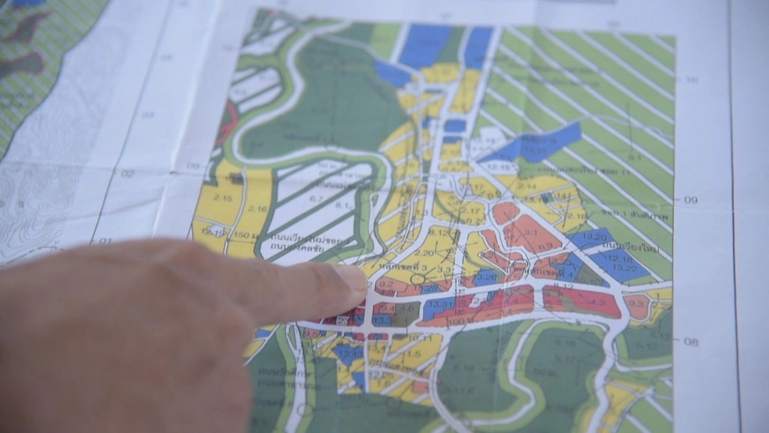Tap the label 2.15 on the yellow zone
coord(223,198)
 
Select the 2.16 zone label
coord(257,209)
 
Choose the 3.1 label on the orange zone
coord(529,233)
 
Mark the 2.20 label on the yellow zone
coord(424,253)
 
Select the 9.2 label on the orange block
coord(387,284)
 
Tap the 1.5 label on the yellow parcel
coord(413,354)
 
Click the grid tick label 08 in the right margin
coord(691,342)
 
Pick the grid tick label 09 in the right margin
coord(691,200)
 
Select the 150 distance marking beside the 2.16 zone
coord(241,234)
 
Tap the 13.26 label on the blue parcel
coord(488,277)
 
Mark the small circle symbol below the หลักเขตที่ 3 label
coord(418,278)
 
